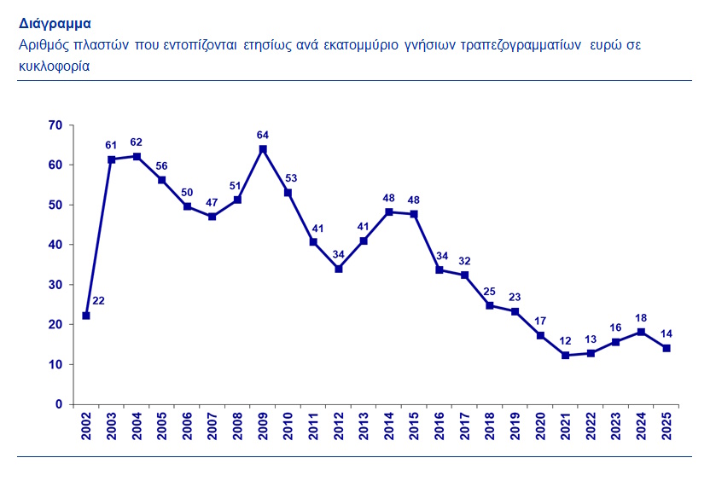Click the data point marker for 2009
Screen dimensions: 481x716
(263, 149)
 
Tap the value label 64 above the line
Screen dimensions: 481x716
(263, 135)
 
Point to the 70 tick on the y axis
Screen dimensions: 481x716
(55, 125)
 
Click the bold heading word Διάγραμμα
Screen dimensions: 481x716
(55, 24)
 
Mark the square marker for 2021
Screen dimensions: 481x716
(566, 356)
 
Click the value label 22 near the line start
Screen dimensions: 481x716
(98, 301)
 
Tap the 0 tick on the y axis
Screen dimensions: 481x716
(59, 404)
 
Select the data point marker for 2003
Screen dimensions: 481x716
(111, 159)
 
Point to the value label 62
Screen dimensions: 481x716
(137, 142)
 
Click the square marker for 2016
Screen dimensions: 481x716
(439, 269)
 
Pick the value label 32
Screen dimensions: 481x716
(464, 260)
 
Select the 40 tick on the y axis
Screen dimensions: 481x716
(55, 245)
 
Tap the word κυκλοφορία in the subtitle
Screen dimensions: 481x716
(55, 65)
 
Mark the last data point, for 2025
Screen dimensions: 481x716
(667, 348)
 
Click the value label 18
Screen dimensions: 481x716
(642, 317)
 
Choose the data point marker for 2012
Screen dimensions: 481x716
(339, 269)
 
